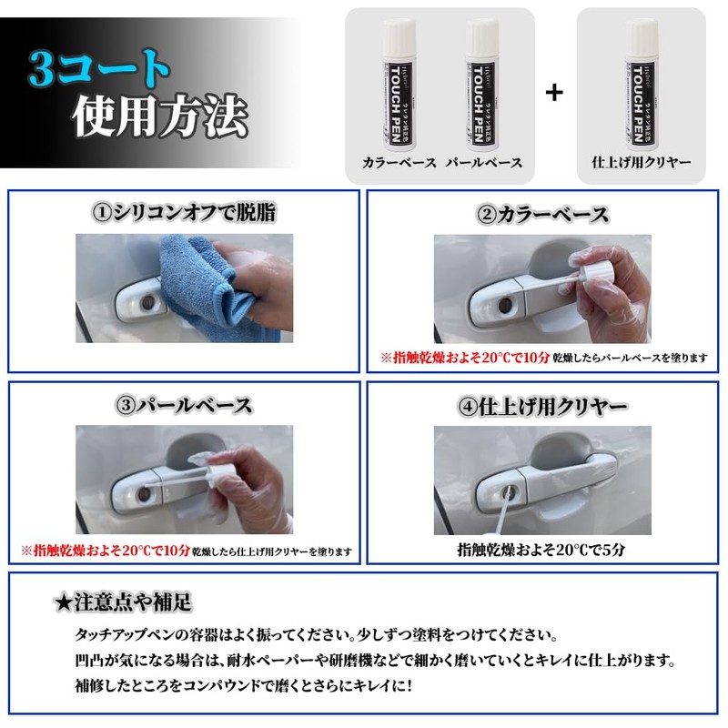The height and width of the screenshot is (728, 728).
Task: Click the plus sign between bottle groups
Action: [553, 92]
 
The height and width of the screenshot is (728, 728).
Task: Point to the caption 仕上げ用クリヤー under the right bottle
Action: [641, 162]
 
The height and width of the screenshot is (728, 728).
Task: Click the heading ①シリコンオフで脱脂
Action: [184, 214]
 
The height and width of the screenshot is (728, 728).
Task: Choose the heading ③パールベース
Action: [184, 405]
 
